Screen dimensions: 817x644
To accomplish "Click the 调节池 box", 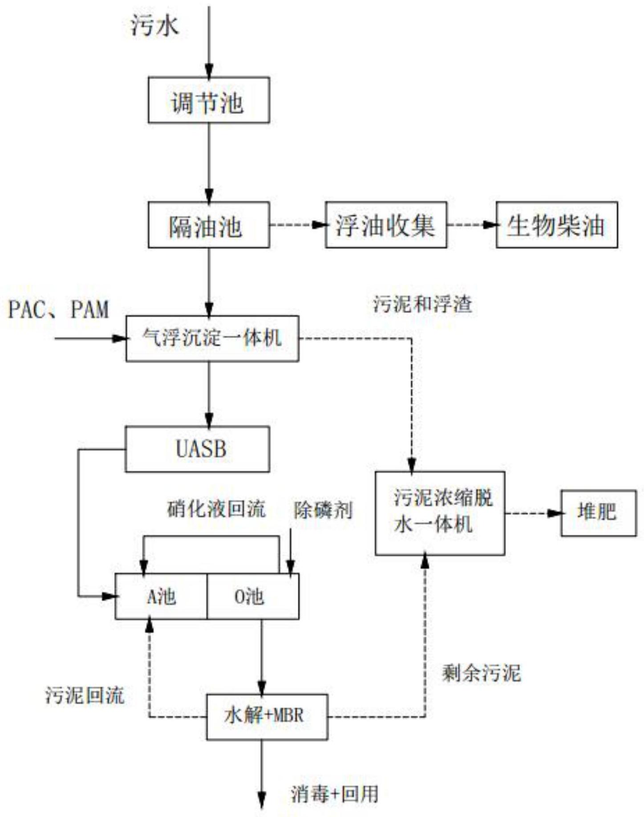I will click(208, 100).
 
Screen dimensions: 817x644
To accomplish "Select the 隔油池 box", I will click(208, 225).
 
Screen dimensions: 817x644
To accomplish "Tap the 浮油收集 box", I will click(385, 225).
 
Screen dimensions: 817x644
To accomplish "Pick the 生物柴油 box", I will click(556, 225).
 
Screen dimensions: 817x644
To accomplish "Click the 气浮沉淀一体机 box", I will click(212, 338).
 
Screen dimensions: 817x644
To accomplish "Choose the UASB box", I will click(197, 449).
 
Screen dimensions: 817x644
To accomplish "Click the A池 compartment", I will click(161, 596).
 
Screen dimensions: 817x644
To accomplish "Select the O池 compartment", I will click(252, 596).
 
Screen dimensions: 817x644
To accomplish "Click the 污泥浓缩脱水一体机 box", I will click(440, 513).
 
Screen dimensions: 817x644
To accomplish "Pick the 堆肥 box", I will click(598, 513).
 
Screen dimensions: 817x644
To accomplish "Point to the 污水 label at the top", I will click(155, 25).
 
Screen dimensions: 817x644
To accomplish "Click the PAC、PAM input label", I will click(59, 309).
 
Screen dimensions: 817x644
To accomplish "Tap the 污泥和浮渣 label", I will click(422, 305).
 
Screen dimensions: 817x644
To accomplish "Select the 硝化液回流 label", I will click(217, 508).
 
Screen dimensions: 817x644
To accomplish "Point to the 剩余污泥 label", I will click(481, 673).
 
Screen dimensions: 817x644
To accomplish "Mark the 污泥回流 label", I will click(85, 695).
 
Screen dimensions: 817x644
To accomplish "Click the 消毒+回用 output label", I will click(335, 793).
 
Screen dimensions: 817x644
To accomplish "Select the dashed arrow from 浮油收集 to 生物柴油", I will click(471, 225).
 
